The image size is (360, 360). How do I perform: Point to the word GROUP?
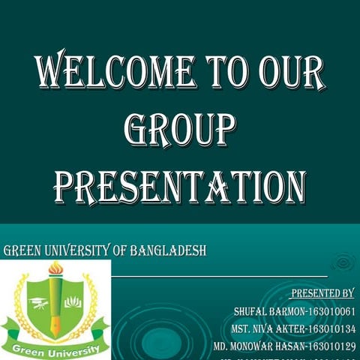[x=179, y=130]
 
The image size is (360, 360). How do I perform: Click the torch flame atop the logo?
[x=55, y=268]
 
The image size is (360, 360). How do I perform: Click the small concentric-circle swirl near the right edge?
[x=343, y=263]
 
